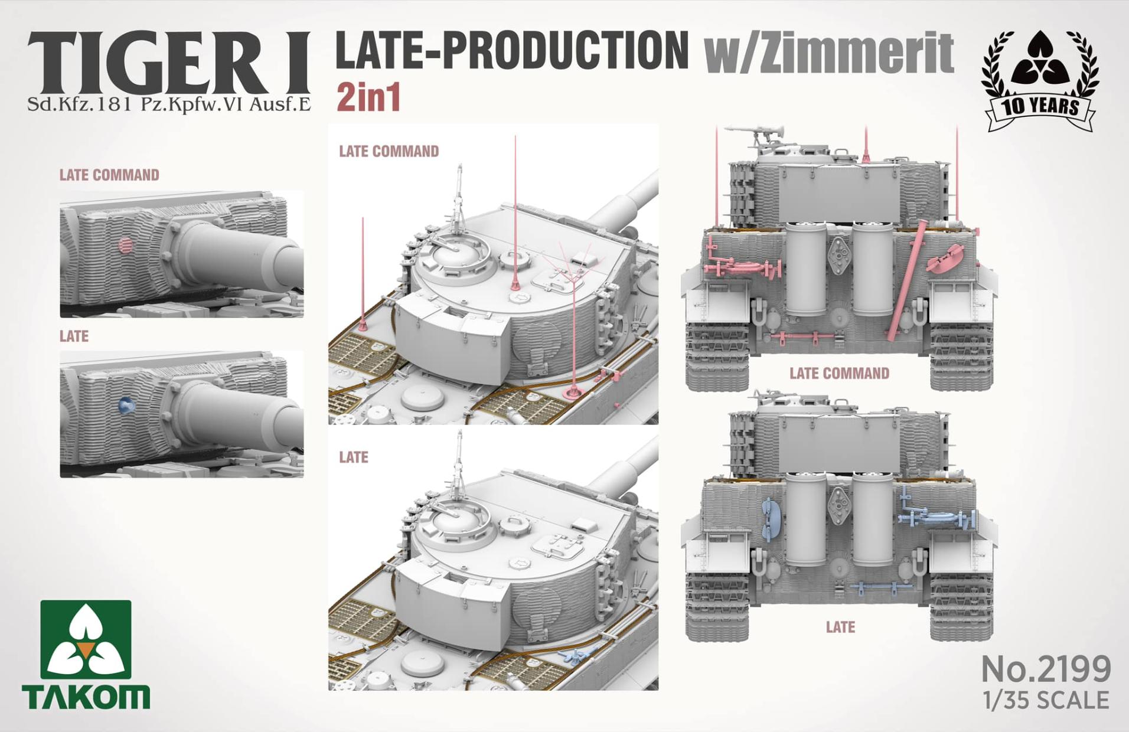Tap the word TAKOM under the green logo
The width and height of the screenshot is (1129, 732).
86,697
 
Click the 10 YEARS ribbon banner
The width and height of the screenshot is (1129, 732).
1040,109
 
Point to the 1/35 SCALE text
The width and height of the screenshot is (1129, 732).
1046,700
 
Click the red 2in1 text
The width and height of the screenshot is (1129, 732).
368,97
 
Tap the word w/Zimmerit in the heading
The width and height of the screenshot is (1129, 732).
828,53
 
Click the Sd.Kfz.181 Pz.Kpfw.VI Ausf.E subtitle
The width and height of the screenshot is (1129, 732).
169,104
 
